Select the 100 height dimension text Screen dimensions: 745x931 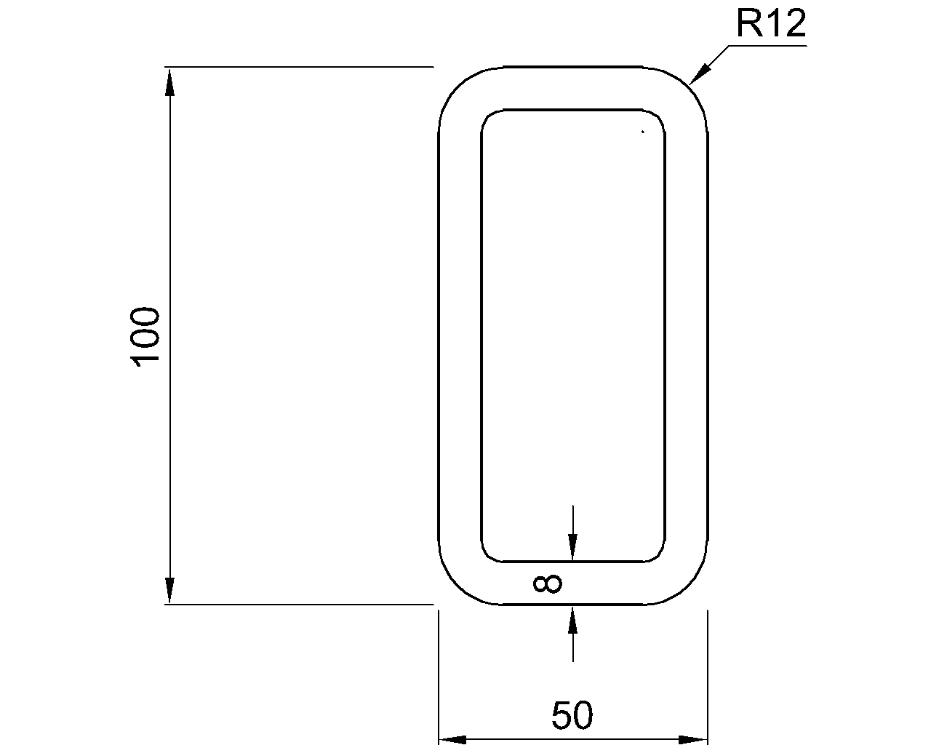(146, 336)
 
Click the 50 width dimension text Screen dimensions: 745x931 (572, 715)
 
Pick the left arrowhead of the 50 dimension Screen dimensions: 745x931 (452, 740)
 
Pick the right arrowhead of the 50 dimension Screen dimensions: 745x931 (693, 740)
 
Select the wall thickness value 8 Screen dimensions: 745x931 (547, 583)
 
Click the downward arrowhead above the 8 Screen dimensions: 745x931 (573, 547)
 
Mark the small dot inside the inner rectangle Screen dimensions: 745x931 (642, 132)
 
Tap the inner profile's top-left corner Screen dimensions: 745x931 (488, 116)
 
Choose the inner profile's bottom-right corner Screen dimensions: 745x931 (658, 555)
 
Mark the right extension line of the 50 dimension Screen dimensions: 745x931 (708, 677)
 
